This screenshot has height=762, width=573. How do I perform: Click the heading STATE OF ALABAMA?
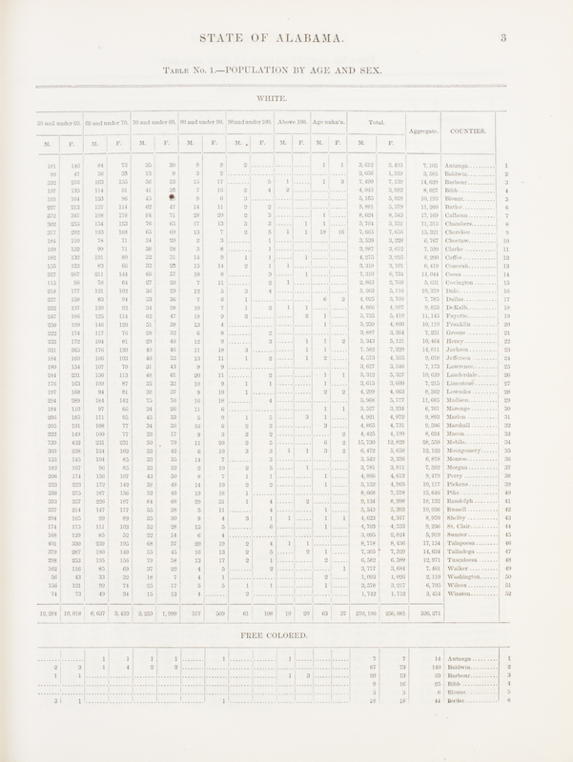(x=287, y=39)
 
